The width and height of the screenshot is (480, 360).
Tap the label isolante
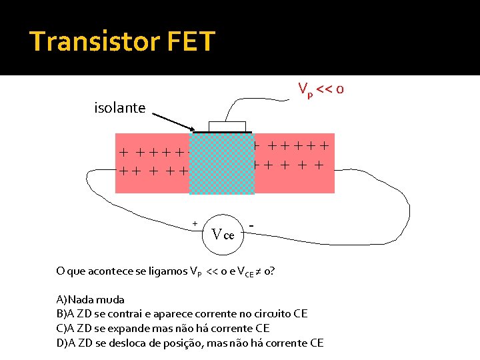(119, 107)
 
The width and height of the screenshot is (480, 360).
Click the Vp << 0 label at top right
(321, 89)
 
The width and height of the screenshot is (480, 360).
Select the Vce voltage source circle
(223, 235)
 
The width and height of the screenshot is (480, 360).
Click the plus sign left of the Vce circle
(195, 223)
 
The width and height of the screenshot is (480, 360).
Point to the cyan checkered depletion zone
(221, 164)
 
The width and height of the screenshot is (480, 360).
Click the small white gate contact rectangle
(227, 127)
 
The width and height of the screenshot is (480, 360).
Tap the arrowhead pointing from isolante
(192, 130)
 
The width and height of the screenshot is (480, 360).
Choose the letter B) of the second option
(61, 314)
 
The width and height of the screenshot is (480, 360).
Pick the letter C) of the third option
(61, 328)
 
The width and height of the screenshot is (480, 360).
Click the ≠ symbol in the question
(258, 271)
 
